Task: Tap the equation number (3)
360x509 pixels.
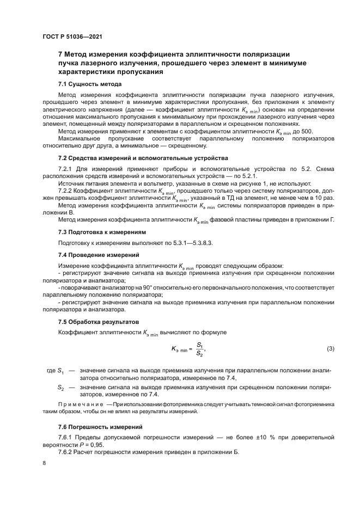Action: click(x=330, y=348)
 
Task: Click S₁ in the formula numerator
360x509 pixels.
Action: click(x=199, y=345)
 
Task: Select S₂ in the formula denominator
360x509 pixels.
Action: click(x=199, y=354)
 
